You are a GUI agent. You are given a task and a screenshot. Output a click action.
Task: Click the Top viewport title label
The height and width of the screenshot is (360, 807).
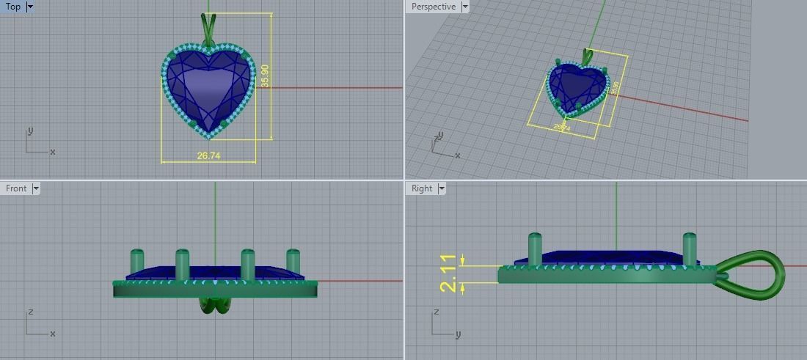pos(13,7)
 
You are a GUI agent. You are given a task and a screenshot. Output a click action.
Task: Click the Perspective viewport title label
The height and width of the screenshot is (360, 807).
pos(433,7)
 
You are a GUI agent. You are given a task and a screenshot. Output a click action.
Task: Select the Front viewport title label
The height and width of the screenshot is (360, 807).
pos(16,188)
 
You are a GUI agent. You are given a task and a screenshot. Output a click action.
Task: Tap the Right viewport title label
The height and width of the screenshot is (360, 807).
pos(422,188)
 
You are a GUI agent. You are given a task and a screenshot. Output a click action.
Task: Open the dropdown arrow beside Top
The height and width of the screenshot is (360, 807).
pos(30,7)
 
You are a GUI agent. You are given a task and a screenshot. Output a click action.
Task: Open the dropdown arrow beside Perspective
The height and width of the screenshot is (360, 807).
pos(464,7)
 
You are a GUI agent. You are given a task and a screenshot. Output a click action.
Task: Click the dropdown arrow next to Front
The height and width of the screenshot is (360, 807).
pos(36,188)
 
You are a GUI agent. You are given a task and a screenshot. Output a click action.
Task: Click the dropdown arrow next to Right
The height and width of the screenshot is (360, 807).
pos(442,188)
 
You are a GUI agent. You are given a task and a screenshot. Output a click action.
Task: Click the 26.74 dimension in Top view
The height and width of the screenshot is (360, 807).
pos(208,155)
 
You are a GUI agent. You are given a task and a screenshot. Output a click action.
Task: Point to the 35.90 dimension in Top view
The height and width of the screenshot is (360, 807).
pos(265,76)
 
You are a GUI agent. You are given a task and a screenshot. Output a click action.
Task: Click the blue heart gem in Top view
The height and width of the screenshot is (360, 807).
pos(208,92)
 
